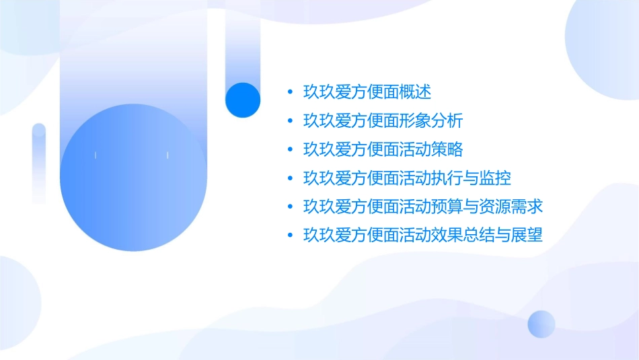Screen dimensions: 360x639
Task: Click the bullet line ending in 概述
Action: (x=367, y=92)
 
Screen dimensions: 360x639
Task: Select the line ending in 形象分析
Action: (x=383, y=120)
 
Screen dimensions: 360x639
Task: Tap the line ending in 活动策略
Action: (x=383, y=149)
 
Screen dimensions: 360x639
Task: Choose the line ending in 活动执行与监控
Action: (x=407, y=178)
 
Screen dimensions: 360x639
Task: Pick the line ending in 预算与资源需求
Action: (x=423, y=206)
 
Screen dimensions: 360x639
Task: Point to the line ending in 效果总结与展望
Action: (x=423, y=235)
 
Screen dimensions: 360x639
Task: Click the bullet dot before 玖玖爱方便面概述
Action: (x=289, y=92)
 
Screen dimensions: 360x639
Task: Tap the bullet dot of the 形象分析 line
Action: (x=289, y=121)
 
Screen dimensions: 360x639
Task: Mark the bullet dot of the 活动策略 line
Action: (x=289, y=149)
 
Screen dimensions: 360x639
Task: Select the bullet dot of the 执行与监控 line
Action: (x=289, y=178)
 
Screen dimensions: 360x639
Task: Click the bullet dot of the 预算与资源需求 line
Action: (x=289, y=207)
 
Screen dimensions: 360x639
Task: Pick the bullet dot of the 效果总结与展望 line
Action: (x=289, y=236)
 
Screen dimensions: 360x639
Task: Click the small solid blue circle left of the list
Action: (x=242, y=100)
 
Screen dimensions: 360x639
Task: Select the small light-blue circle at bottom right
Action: (x=541, y=324)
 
